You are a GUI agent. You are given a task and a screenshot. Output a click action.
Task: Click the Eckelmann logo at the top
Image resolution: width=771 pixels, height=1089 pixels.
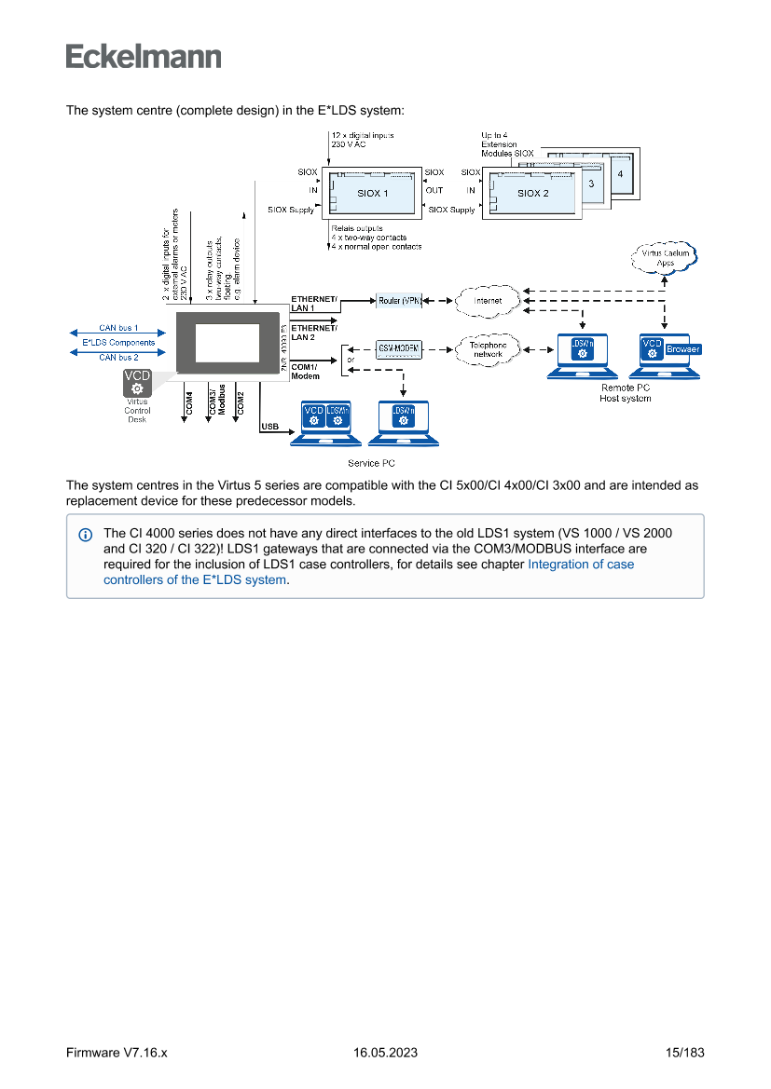point(144,56)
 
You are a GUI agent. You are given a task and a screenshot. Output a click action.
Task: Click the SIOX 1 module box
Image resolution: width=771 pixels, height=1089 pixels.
point(373,193)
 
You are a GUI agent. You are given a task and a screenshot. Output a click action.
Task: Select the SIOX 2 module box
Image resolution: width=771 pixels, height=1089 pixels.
point(533,193)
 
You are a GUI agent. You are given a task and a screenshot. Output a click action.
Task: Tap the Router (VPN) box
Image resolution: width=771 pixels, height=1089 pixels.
point(400,300)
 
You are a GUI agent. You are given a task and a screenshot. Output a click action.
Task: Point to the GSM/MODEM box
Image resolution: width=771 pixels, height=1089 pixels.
point(398,348)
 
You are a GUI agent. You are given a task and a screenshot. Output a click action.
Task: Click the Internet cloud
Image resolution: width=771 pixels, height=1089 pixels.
point(487,300)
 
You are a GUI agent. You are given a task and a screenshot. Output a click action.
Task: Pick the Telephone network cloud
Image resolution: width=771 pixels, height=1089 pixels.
point(488,349)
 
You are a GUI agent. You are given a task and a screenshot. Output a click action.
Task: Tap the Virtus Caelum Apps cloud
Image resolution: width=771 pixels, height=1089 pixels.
point(666,257)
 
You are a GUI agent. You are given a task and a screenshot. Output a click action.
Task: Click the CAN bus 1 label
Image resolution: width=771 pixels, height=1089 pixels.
point(118,328)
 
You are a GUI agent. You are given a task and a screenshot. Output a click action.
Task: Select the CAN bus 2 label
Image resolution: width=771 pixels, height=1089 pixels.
point(118,357)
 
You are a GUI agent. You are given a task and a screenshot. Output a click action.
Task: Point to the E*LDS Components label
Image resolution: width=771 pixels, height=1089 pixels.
point(118,343)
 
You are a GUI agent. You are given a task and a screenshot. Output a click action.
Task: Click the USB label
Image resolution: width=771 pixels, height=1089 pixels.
point(270,426)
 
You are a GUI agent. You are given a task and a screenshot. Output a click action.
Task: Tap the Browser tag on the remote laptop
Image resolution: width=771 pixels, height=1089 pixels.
point(682,349)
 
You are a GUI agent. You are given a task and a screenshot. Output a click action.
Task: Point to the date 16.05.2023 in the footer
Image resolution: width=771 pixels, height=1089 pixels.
point(385,1053)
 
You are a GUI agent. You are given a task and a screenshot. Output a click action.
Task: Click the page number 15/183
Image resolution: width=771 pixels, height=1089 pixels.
point(684,1053)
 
